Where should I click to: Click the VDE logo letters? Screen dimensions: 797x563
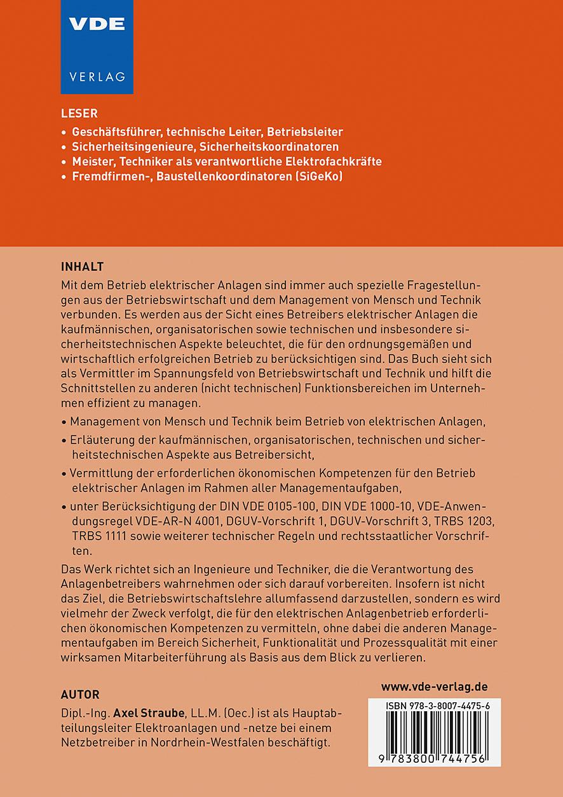coord(97,24)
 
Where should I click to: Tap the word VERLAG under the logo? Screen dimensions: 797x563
coord(97,76)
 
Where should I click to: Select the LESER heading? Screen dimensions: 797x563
coord(79,114)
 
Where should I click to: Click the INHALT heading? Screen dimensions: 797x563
coord(82,265)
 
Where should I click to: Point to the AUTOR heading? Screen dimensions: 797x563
coord(80,694)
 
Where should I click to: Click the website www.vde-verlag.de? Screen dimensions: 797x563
coord(434,686)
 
